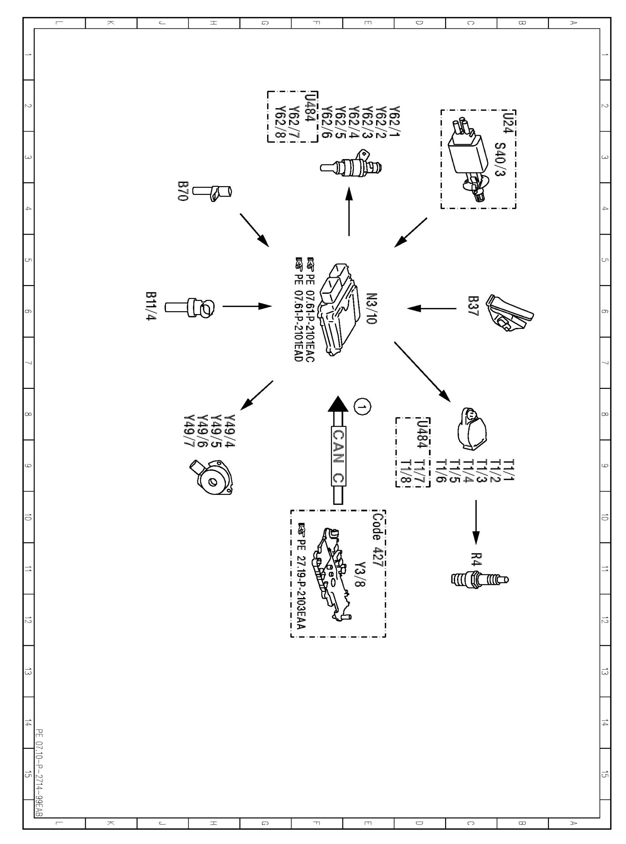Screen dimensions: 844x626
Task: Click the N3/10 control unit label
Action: click(x=372, y=309)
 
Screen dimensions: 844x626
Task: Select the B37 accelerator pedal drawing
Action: click(x=509, y=313)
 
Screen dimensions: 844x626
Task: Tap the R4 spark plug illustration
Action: click(x=480, y=579)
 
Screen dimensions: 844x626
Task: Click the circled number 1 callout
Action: click(x=362, y=407)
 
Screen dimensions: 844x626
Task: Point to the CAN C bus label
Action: click(x=338, y=457)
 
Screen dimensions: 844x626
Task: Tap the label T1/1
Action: click(x=510, y=470)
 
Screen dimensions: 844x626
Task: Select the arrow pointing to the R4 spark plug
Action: click(x=476, y=522)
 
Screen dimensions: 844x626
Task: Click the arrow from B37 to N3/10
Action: click(x=432, y=309)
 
